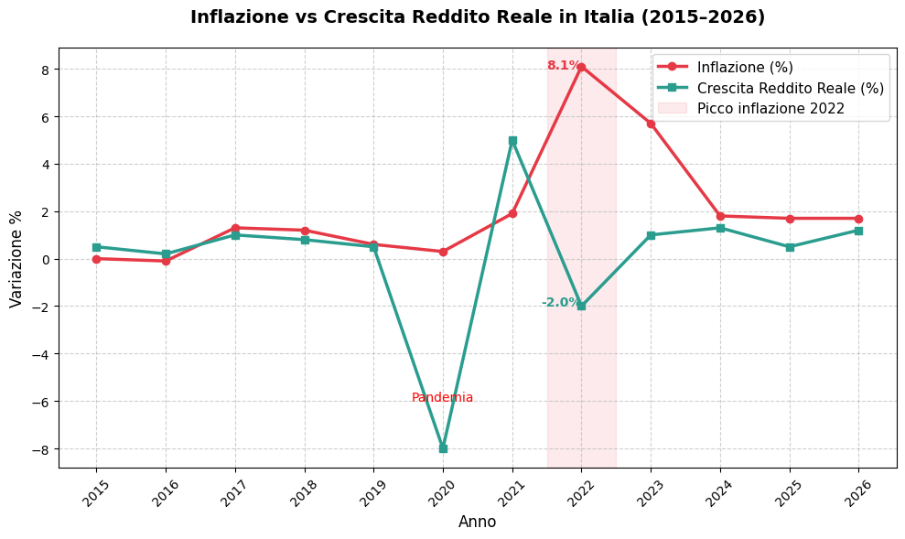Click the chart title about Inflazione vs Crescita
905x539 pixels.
[x=477, y=17]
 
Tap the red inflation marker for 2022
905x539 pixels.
[x=581, y=67]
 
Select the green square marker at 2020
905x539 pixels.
[x=443, y=448]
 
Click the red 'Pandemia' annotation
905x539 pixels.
[x=442, y=398]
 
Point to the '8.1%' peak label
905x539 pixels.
[x=563, y=66]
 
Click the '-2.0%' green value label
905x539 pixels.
[x=560, y=303]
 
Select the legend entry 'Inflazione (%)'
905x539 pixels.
[x=744, y=67]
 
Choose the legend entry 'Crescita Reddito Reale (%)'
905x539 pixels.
[x=790, y=88]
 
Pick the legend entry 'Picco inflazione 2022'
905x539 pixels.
[x=770, y=108]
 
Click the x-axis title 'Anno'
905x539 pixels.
[x=477, y=522]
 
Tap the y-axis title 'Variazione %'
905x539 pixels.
[x=16, y=258]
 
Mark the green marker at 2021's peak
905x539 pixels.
[x=512, y=141]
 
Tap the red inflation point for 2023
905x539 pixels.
[x=651, y=124]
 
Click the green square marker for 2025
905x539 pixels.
[x=790, y=247]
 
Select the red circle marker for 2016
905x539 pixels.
[x=166, y=261]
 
